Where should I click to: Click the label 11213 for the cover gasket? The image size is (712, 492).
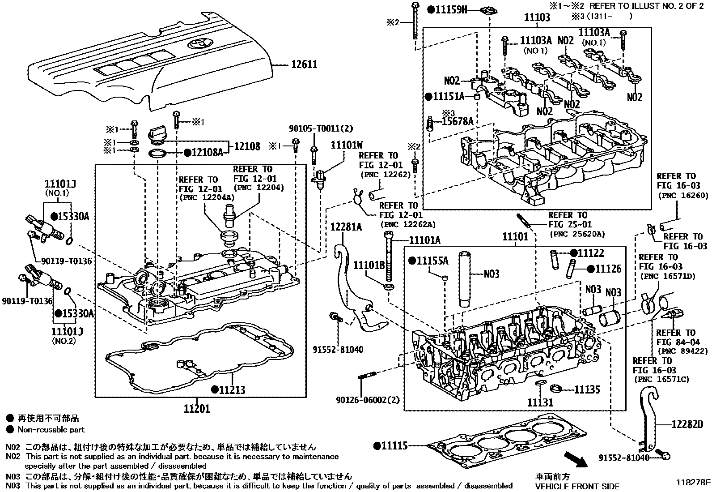click(x=232, y=390)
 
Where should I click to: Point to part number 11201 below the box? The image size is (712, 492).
click(x=196, y=408)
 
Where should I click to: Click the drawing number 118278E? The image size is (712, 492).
click(x=692, y=483)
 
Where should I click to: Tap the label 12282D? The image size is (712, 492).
click(x=687, y=424)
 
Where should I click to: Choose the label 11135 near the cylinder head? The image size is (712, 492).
click(x=587, y=390)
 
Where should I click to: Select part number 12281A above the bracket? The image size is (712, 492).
click(x=346, y=227)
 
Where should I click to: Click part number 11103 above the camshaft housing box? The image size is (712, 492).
click(x=537, y=17)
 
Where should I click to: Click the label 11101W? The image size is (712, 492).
click(x=347, y=145)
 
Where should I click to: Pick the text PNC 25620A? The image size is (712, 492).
click(x=576, y=234)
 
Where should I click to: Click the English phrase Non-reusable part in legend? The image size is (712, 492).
click(x=51, y=430)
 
